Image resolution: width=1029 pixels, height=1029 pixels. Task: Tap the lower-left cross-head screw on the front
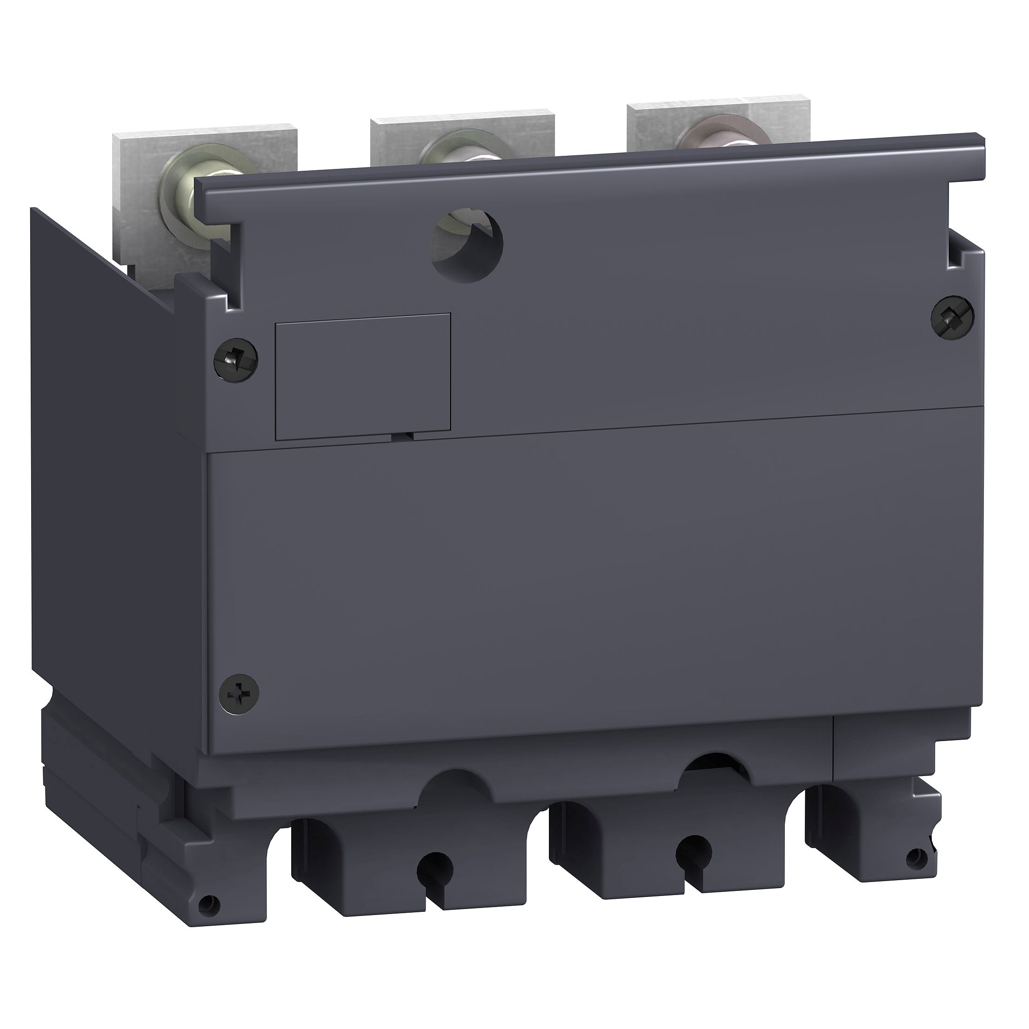point(239,694)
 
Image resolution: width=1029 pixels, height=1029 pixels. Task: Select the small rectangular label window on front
point(362,376)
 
